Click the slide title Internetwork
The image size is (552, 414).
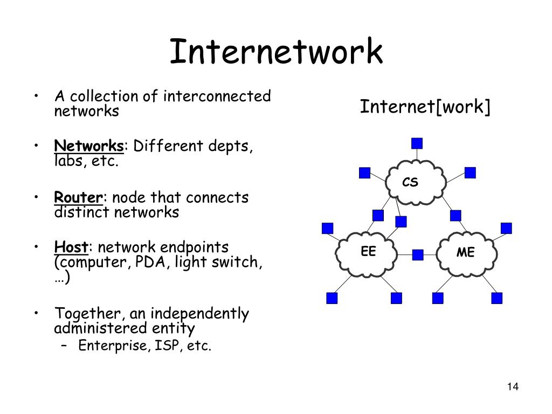coord(276,51)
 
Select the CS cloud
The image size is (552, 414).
coord(416,182)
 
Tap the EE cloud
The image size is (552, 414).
coord(366,253)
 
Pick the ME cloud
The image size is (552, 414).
coord(466,253)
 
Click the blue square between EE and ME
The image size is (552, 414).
coord(418,254)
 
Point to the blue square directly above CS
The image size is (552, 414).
coord(417,143)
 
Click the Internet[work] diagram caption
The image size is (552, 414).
coord(425,107)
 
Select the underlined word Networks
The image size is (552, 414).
coord(89,146)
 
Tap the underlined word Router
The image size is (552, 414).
coord(79,197)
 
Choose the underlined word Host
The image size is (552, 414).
coord(71,247)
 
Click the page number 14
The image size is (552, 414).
coord(513,387)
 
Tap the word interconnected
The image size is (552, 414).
coord(217,96)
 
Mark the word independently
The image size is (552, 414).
coord(199,314)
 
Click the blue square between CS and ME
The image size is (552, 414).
coord(456,216)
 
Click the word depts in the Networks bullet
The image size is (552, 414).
coord(229,146)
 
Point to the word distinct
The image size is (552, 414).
coord(82,212)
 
